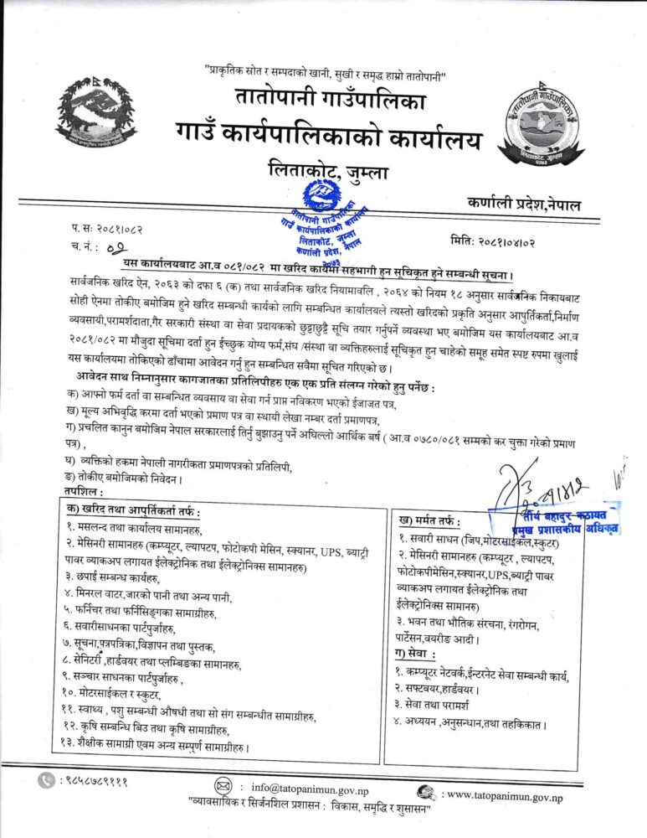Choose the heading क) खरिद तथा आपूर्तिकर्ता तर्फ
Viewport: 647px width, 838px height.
134,510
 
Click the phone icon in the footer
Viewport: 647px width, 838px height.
46,780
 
